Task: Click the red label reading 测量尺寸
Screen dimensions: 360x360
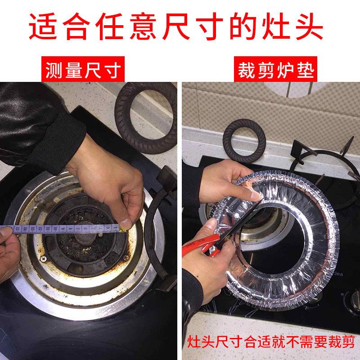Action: click(x=83, y=69)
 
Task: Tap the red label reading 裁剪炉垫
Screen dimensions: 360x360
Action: click(x=275, y=69)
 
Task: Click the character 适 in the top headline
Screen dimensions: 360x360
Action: click(x=43, y=26)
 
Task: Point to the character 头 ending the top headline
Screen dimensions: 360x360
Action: click(x=309, y=26)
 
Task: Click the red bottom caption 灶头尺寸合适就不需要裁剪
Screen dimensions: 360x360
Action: click(x=271, y=342)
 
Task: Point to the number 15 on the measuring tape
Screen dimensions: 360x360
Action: click(x=17, y=229)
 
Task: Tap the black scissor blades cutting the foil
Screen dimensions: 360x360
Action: click(x=239, y=225)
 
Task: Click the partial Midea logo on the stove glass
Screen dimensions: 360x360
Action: click(x=339, y=274)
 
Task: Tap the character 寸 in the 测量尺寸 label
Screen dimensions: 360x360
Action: click(x=113, y=70)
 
